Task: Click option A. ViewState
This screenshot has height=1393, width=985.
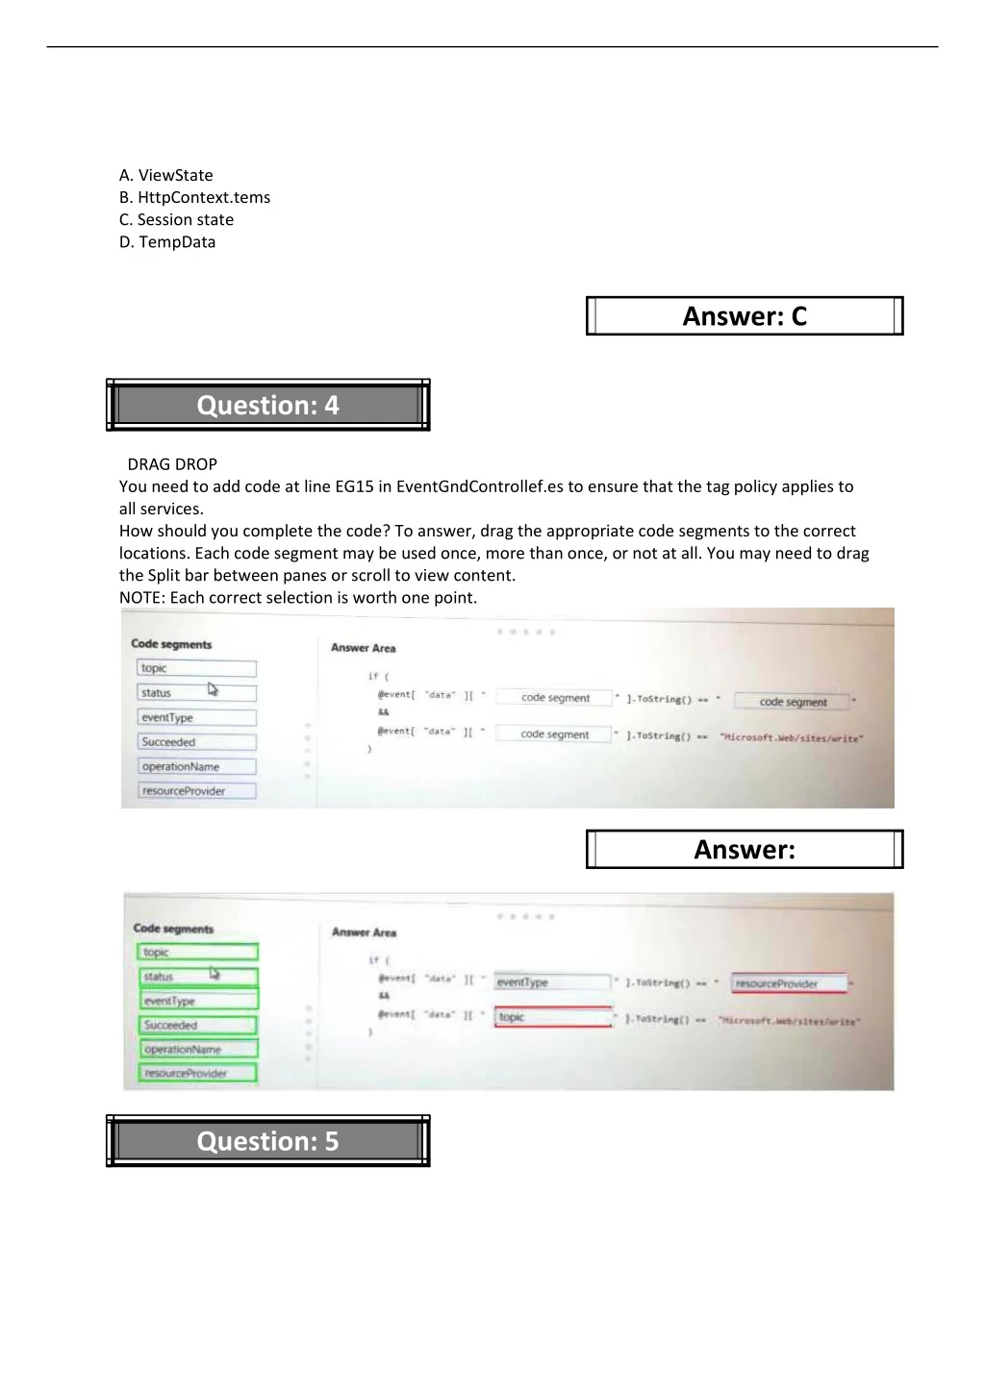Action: [166, 175]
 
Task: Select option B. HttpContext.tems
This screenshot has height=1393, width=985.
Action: [194, 197]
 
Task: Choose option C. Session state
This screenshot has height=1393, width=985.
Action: [176, 219]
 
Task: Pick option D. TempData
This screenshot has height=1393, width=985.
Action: [167, 242]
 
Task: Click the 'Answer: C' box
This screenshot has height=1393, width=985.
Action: [745, 316]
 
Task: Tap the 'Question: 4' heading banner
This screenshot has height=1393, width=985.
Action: [267, 406]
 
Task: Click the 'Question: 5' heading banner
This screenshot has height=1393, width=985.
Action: [267, 1141]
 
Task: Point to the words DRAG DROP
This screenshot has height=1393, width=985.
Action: [172, 464]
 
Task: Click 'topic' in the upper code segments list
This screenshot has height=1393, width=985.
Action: [196, 668]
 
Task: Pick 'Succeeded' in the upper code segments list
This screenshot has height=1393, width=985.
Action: [196, 742]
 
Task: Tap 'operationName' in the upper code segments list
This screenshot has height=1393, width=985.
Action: [196, 766]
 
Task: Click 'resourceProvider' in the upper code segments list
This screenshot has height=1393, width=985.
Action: [196, 791]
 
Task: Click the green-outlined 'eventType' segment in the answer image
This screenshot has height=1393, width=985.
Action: [197, 1001]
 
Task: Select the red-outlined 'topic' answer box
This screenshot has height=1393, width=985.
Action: [553, 1017]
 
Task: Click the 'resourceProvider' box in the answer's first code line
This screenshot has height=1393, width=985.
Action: [790, 983]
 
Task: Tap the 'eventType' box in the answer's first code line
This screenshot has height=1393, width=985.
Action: [552, 983]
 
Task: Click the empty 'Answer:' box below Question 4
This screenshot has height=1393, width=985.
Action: [745, 850]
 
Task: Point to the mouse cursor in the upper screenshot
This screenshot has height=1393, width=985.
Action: [213, 689]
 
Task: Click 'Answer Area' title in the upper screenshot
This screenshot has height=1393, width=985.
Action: [363, 648]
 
